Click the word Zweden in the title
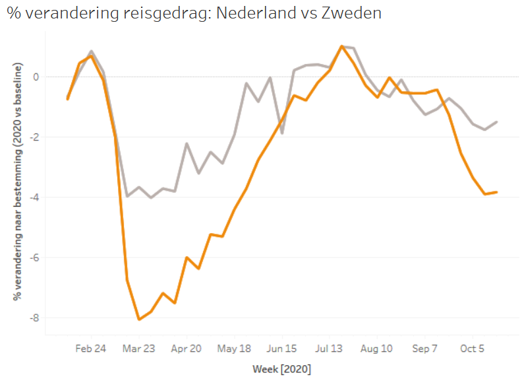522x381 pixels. tap(350, 13)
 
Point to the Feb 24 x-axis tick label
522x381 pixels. tap(90, 349)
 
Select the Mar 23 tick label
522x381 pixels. tap(138, 349)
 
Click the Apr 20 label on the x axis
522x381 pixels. tap(187, 349)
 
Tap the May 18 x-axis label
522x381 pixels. tap(234, 349)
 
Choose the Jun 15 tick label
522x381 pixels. tap(282, 349)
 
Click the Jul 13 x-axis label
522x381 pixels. tap(330, 349)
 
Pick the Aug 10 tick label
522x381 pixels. tap(378, 349)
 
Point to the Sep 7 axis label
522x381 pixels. tap(425, 349)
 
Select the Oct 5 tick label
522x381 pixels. tap(473, 349)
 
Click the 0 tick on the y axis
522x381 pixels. tap(37, 77)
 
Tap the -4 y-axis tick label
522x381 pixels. tap(35, 197)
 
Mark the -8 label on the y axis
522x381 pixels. tap(35, 318)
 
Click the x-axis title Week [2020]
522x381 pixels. tap(281, 368)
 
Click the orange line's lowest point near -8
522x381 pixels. tap(139, 320)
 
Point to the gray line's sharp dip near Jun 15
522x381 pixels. tap(282, 133)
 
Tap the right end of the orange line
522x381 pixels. tap(496, 192)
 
